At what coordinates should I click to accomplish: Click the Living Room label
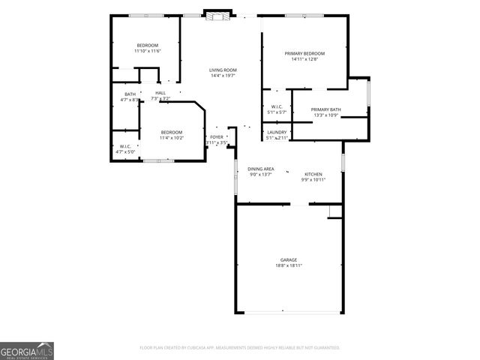tap(223, 70)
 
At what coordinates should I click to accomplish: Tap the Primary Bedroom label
tap(304, 53)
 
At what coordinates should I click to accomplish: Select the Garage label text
tap(289, 259)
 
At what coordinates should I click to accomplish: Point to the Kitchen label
tap(313, 174)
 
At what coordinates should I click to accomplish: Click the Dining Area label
tap(260, 169)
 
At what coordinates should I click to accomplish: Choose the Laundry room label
tap(277, 132)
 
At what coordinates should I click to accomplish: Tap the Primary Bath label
tap(325, 109)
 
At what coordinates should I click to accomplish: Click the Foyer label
tap(216, 137)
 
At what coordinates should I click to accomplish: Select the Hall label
tap(160, 93)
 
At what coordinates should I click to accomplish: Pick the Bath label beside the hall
tap(130, 94)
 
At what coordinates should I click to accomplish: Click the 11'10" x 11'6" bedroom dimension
tap(148, 51)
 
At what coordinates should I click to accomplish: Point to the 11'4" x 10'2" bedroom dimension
tap(172, 138)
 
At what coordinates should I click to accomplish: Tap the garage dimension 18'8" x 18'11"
tap(289, 265)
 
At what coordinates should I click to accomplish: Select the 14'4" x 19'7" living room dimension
tap(223, 76)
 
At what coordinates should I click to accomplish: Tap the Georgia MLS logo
tap(27, 350)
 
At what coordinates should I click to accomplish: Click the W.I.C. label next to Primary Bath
tap(277, 106)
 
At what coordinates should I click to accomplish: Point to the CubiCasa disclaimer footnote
tap(239, 348)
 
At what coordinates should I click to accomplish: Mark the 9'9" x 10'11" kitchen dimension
tap(313, 180)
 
